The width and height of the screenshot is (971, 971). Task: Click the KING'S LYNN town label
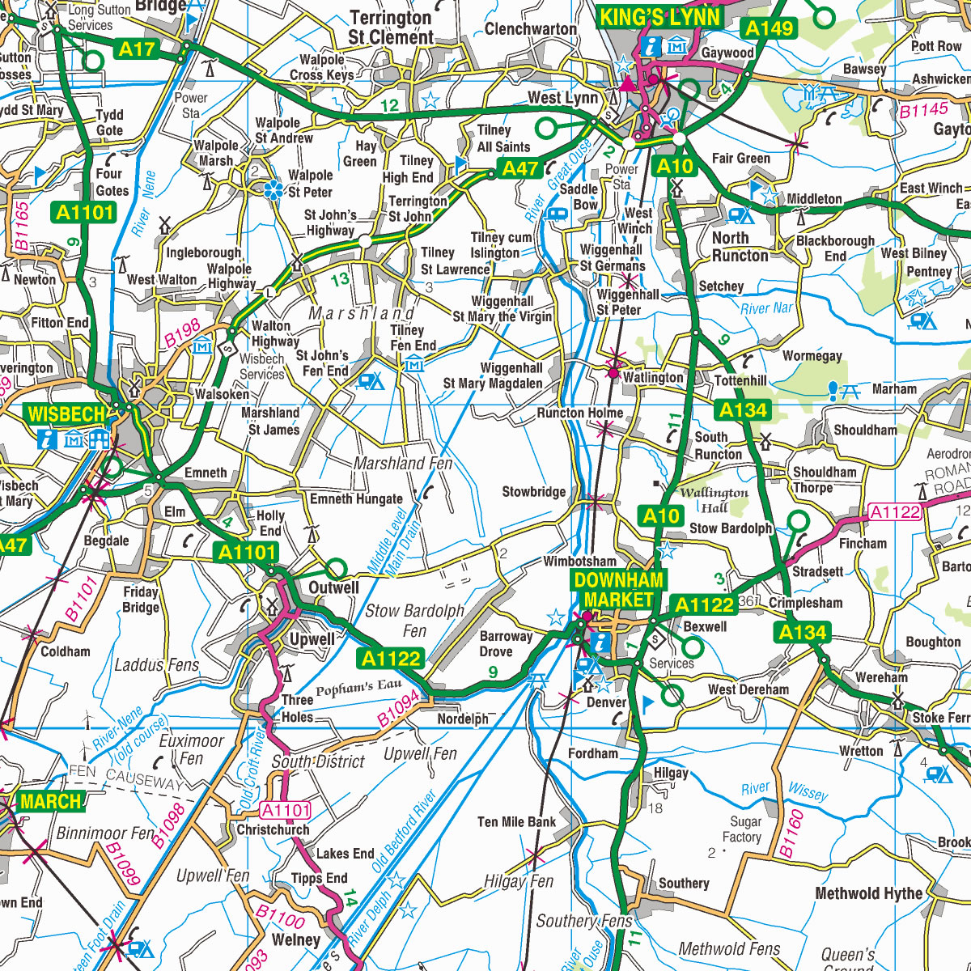click(x=659, y=18)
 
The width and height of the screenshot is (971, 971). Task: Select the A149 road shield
click(x=769, y=29)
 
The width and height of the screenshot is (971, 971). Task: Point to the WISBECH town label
click(x=66, y=415)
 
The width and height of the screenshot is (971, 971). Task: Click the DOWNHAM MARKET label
click(x=619, y=590)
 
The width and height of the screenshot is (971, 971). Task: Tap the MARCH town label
click(x=50, y=802)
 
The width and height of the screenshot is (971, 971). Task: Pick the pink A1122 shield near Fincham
click(x=895, y=512)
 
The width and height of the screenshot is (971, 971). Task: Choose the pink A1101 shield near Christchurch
click(x=286, y=810)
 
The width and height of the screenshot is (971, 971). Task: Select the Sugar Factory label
click(x=741, y=829)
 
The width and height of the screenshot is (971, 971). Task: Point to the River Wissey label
click(x=785, y=791)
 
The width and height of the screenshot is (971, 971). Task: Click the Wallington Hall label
click(x=714, y=500)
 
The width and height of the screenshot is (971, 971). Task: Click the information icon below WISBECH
click(x=48, y=439)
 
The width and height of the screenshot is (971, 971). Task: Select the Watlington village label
click(x=653, y=378)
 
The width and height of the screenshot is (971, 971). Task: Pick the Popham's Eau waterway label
click(x=358, y=689)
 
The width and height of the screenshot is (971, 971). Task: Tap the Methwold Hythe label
click(x=868, y=894)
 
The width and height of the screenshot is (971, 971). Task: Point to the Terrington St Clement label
click(x=391, y=28)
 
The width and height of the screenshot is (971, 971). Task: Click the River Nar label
click(x=766, y=308)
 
